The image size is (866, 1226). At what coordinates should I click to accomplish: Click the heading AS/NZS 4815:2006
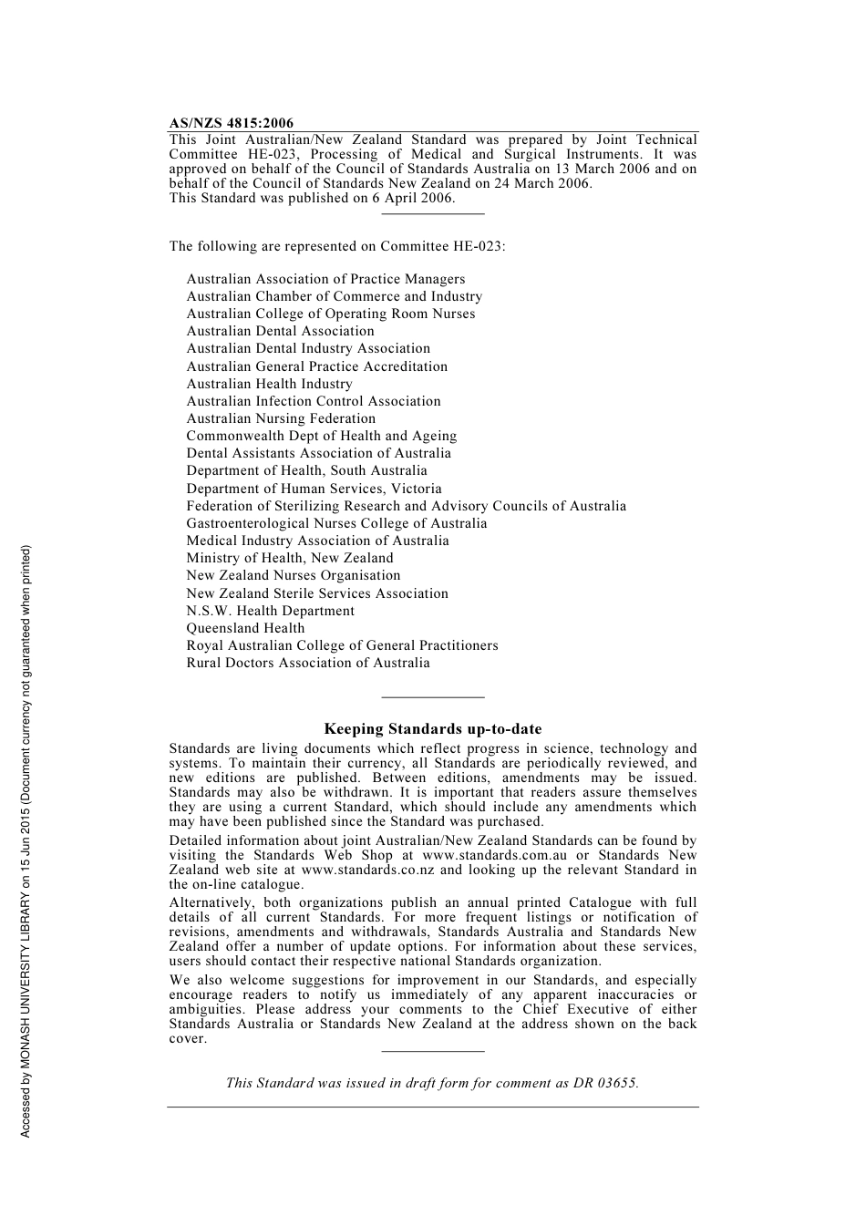(232, 123)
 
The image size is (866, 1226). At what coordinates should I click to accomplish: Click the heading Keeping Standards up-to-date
(432, 729)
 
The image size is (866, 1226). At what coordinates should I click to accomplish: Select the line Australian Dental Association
(280, 331)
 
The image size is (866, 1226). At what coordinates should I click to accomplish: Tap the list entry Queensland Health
(245, 628)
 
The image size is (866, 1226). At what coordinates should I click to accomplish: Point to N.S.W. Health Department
(270, 611)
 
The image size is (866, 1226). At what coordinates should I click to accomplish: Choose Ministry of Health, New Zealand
(290, 558)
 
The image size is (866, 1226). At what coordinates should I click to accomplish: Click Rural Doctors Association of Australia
(308, 663)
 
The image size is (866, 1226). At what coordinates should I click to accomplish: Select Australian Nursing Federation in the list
(281, 418)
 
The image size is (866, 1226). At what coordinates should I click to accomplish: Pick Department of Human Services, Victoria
(314, 489)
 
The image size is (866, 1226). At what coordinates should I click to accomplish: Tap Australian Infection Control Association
(314, 401)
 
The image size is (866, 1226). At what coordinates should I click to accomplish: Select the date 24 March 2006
(542, 183)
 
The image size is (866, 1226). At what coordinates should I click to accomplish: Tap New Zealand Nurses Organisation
(294, 575)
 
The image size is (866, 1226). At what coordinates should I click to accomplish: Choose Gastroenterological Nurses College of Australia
(336, 523)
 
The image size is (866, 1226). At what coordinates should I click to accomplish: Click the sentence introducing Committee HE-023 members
(336, 246)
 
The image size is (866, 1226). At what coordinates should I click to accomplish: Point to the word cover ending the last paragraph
(187, 1038)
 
